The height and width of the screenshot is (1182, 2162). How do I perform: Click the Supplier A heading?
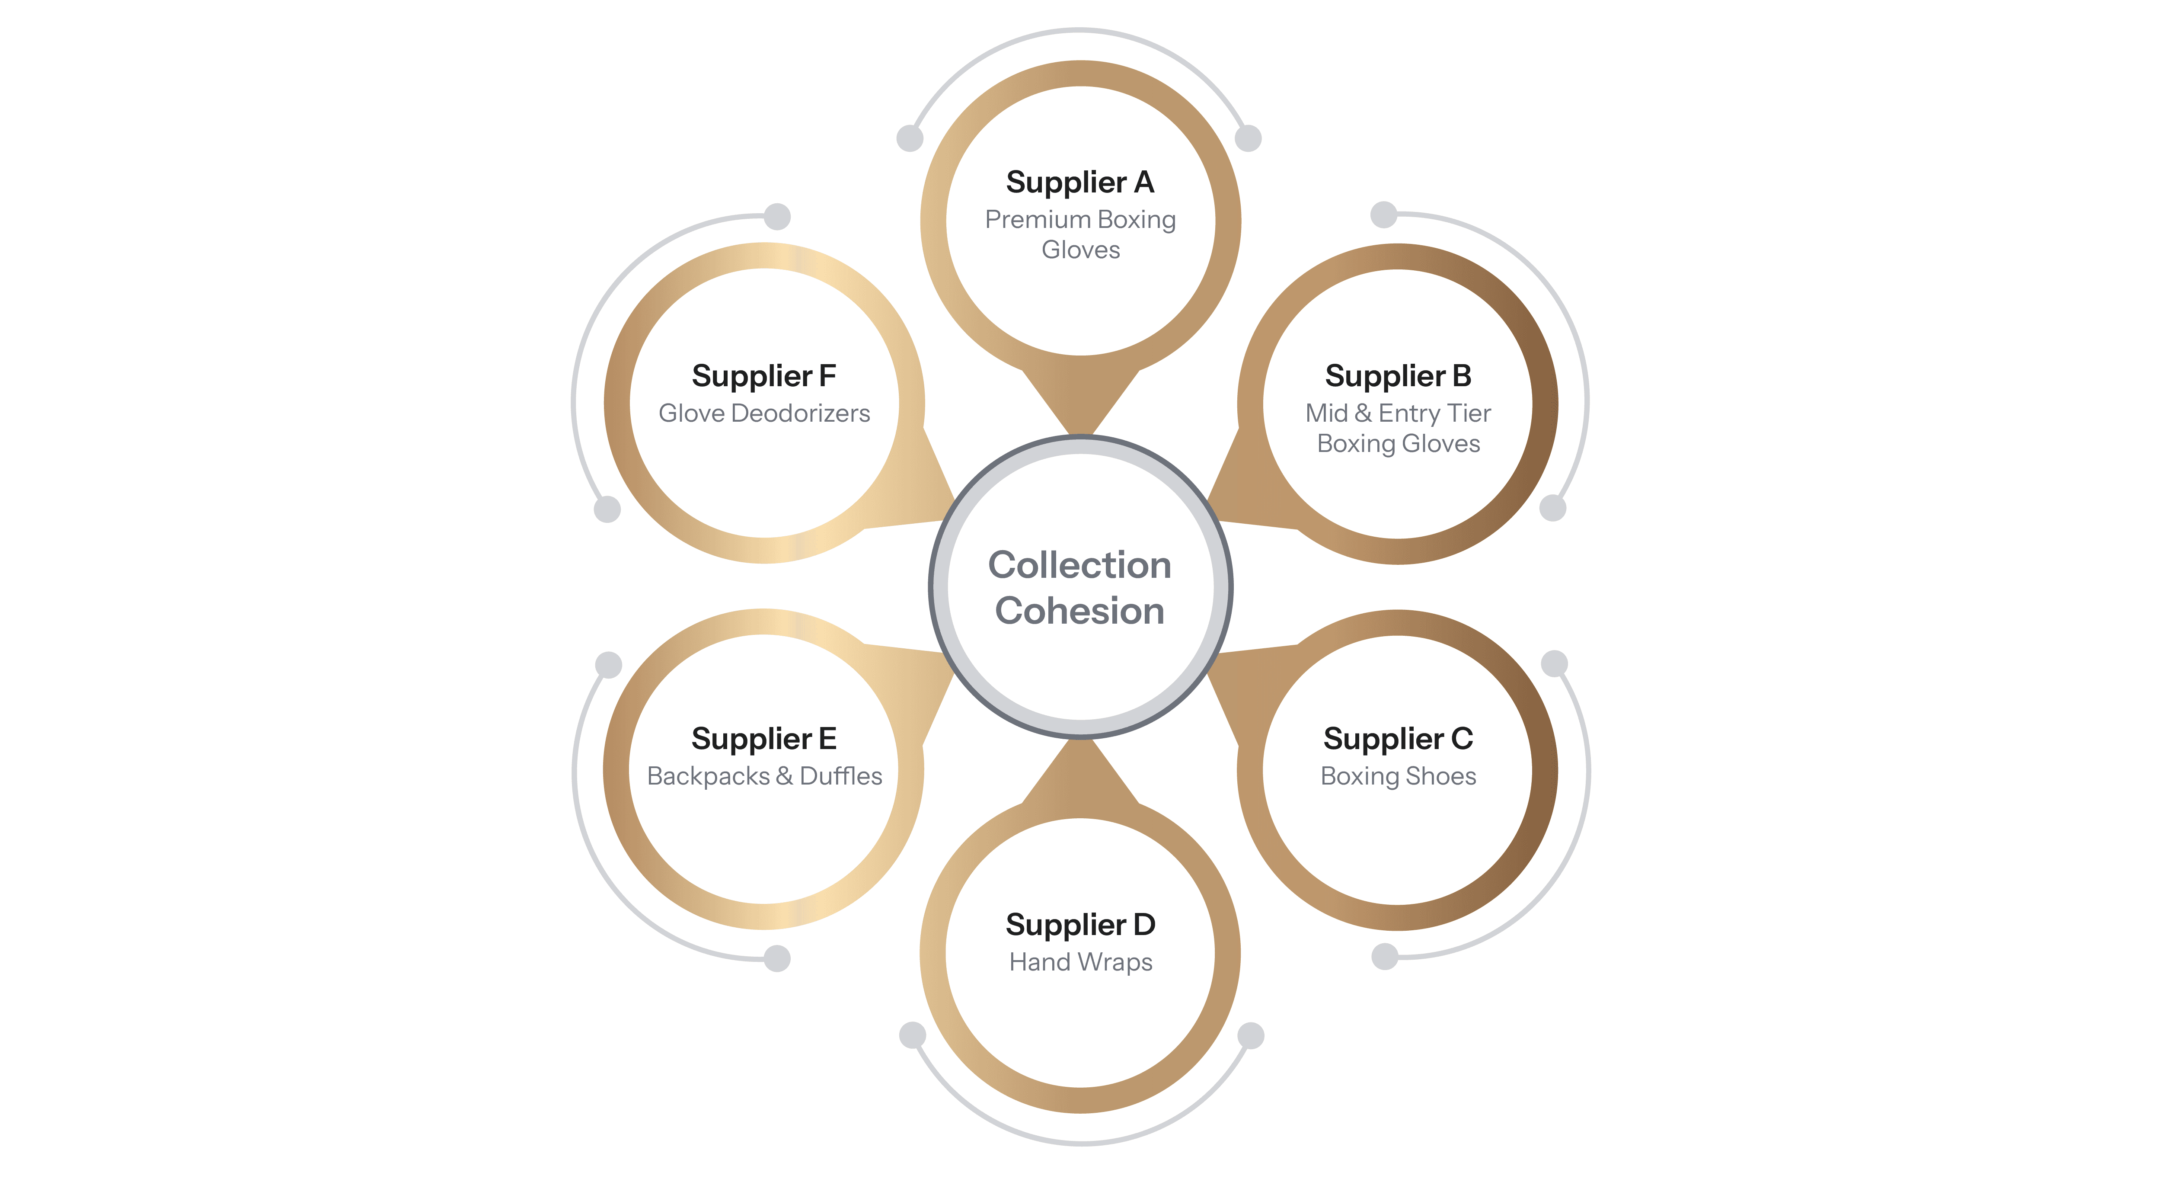(1080, 182)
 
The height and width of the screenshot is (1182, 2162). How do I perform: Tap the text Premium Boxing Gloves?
(1080, 234)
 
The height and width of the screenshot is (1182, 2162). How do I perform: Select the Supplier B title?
(1397, 376)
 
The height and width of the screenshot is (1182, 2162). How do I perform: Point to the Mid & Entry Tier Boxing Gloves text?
(1397, 428)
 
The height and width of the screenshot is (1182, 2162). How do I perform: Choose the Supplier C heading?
(1397, 739)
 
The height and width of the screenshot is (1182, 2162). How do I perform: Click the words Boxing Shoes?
(1397, 776)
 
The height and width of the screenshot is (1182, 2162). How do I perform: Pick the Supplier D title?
(1080, 924)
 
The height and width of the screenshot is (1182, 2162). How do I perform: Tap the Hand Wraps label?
(1080, 961)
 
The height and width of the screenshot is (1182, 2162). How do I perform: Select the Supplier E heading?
(764, 739)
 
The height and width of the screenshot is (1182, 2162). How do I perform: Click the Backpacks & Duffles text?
(764, 776)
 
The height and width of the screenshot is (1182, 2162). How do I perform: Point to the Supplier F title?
(764, 376)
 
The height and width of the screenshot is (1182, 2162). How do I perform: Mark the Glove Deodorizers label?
(764, 413)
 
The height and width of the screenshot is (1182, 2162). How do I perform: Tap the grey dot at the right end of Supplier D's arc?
(1251, 1035)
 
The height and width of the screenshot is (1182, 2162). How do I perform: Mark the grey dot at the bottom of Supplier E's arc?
(777, 958)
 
